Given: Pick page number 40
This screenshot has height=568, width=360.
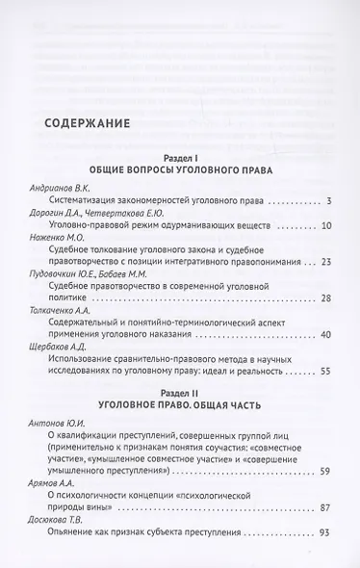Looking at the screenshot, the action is tap(325, 334).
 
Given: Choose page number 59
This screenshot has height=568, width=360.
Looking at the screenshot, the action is tap(325, 471).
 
